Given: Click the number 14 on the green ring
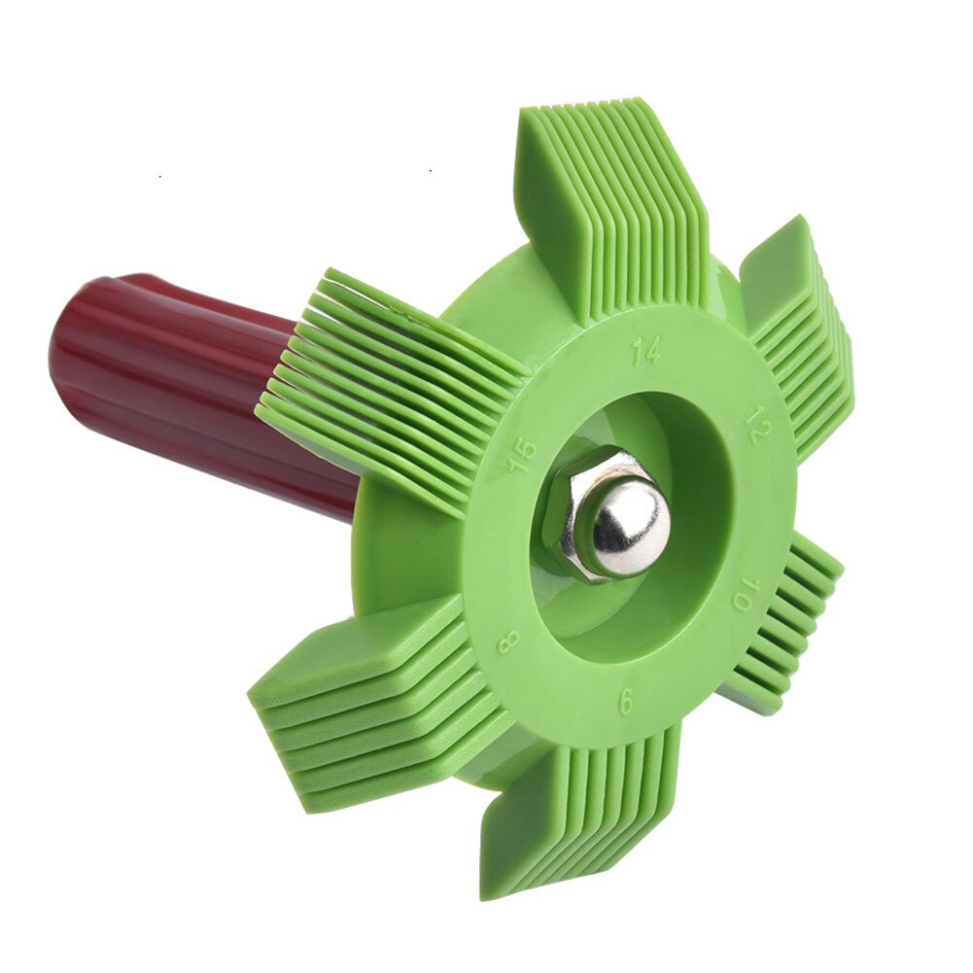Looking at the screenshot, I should [645, 350].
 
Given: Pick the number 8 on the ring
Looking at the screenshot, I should [507, 643].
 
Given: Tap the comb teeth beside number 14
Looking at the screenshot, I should [612, 204].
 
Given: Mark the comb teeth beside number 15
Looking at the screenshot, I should [389, 389].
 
